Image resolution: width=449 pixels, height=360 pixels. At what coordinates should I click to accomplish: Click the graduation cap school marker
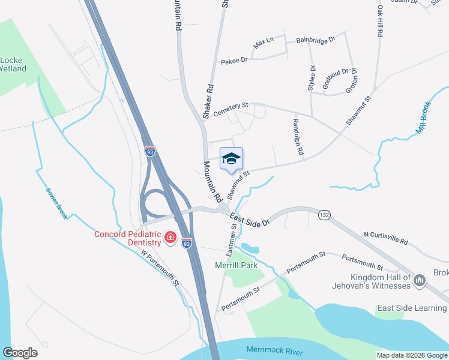pos(231,159)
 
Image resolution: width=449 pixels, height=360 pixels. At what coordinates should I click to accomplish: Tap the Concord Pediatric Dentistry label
pos(128,238)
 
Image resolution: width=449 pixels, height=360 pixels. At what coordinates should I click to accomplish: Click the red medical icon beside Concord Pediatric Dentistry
pos(170,238)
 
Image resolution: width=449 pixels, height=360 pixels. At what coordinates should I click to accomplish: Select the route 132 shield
pos(325,214)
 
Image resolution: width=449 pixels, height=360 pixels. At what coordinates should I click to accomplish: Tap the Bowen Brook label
pos(56,203)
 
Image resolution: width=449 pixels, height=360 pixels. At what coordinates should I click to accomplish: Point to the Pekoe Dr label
pos(234,61)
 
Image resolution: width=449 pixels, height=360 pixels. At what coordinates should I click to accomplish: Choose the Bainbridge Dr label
pos(316,41)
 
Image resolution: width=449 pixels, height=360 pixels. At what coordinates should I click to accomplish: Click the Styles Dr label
pos(312,79)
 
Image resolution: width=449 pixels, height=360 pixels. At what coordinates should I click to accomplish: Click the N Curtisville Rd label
pos(385,238)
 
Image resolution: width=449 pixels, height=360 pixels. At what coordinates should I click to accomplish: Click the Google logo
pos(20,353)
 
